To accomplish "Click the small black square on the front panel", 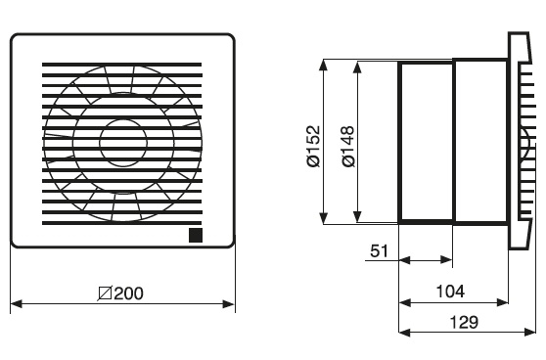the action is point(196,236).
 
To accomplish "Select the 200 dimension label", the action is point(128,293).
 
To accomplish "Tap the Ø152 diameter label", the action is point(313,146).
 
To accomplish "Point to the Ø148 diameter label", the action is point(348,146).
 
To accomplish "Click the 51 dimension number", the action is point(379,250).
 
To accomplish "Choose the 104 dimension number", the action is point(450,291).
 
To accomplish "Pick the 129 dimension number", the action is point(464,322).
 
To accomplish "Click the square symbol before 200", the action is point(105,293).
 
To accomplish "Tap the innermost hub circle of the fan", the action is point(123,143).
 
